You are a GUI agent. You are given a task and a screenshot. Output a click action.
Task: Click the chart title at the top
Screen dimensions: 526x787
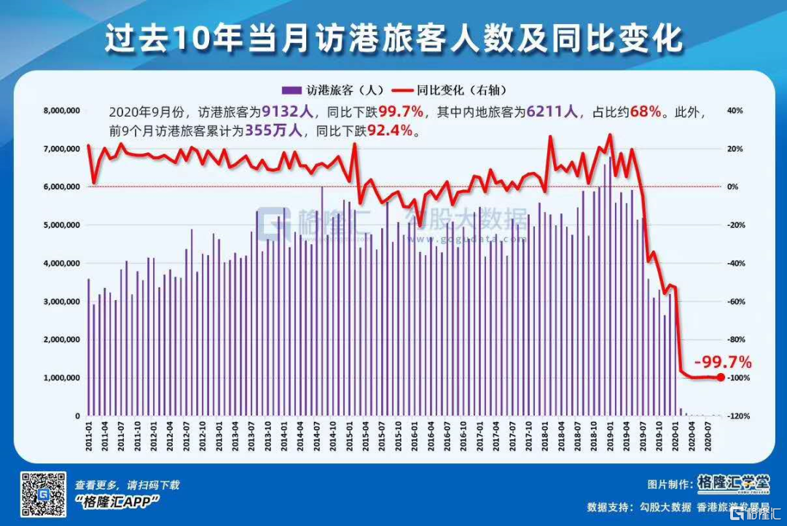[x=393, y=38]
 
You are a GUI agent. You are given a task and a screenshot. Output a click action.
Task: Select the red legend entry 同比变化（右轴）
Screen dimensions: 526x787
[x=445, y=90]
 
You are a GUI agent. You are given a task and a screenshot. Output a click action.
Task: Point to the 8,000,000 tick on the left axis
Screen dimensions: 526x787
[x=61, y=111]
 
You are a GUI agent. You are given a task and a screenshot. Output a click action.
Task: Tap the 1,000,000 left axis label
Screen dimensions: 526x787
[x=61, y=378]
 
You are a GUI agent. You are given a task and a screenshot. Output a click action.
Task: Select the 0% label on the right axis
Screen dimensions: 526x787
[x=732, y=187]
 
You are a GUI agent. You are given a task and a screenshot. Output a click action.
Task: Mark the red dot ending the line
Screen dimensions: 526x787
[x=721, y=377]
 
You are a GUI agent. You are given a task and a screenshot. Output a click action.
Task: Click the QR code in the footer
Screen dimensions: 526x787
[x=42, y=494]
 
